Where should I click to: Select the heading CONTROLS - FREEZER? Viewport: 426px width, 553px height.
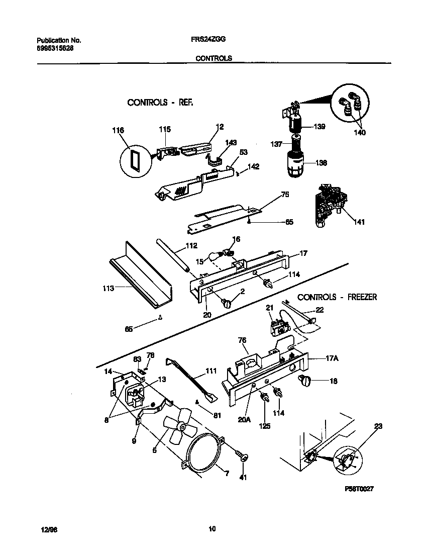click(x=337, y=297)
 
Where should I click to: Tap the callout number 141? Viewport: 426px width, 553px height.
click(x=360, y=222)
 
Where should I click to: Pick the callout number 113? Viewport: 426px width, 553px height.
click(x=108, y=289)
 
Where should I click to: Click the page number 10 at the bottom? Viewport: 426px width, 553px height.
click(x=212, y=528)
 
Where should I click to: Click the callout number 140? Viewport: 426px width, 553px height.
click(x=359, y=133)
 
